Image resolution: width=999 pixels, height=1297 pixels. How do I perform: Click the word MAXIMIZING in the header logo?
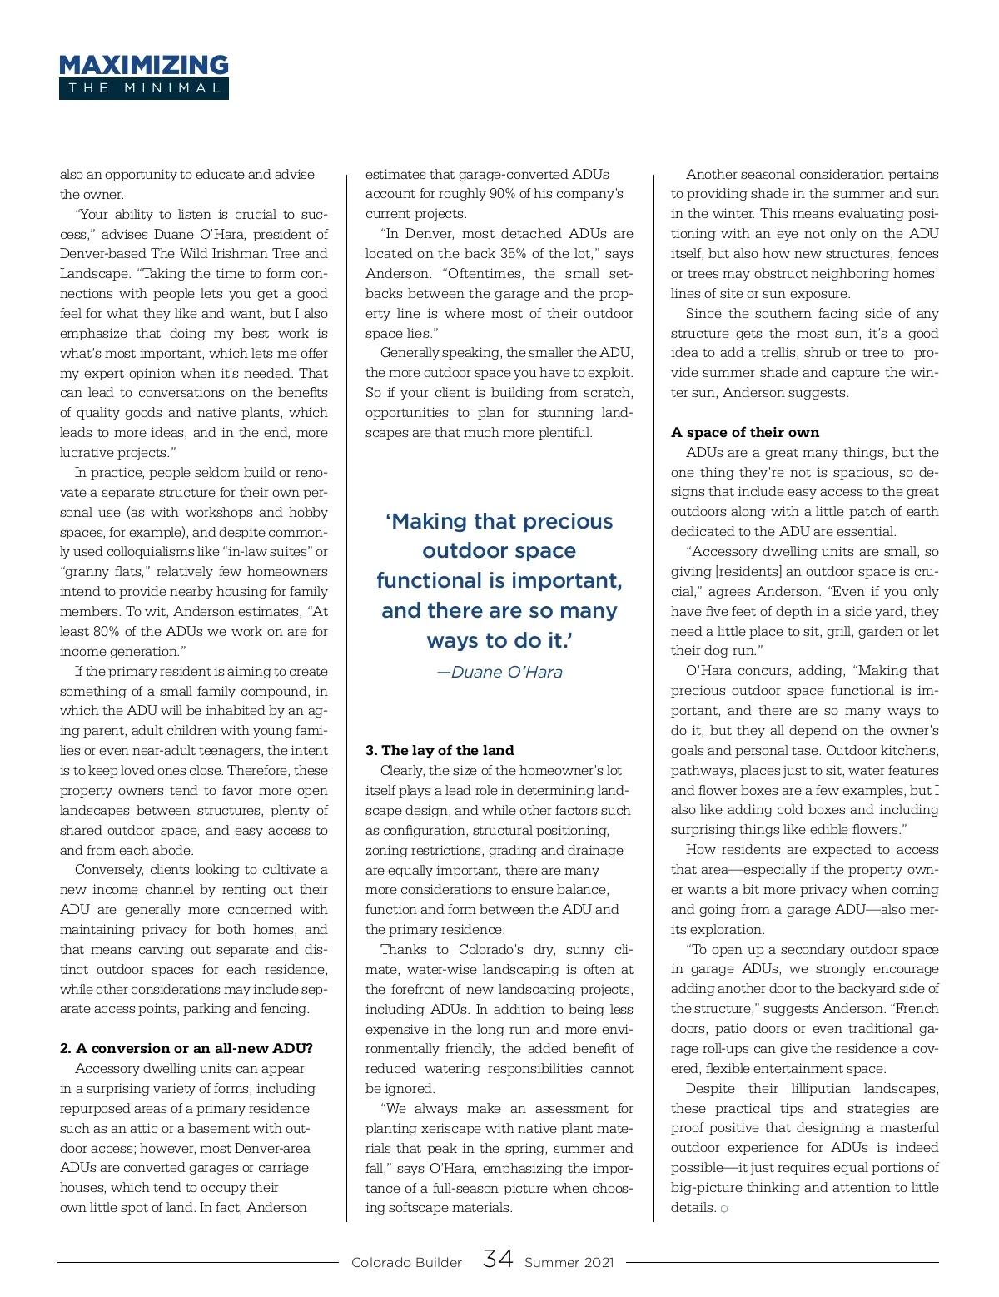coord(143,65)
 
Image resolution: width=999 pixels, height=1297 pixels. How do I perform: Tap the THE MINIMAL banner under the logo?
coord(143,88)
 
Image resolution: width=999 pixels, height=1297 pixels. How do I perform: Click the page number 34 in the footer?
coord(497,1259)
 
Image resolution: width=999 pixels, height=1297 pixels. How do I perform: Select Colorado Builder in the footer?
coord(406,1262)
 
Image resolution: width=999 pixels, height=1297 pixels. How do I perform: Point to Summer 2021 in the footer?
coord(569,1262)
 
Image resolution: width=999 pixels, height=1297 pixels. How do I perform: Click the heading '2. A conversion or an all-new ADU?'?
coord(186,1048)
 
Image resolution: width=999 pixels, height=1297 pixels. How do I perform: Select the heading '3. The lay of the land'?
coord(440,750)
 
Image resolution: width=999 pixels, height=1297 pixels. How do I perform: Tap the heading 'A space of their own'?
coord(745,432)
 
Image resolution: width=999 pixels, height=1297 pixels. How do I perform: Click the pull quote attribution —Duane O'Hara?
coord(499,672)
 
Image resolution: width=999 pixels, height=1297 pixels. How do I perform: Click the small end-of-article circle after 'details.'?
coord(724,1209)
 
